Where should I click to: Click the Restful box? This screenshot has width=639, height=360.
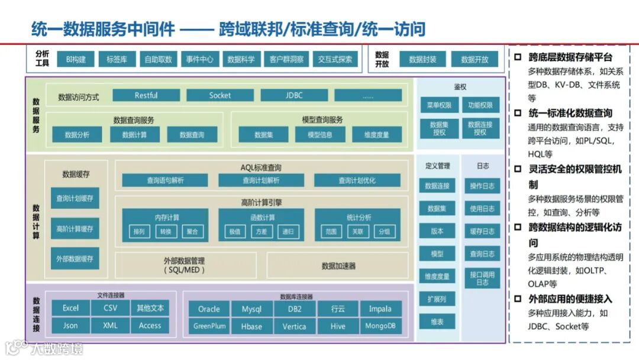click(146, 95)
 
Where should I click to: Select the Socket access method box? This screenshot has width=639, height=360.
click(220, 95)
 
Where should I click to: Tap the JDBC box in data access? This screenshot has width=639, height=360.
click(294, 95)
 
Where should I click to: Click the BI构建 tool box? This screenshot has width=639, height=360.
click(76, 59)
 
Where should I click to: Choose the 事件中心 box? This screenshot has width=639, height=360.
click(199, 59)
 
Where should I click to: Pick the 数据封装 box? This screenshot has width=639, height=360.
click(422, 59)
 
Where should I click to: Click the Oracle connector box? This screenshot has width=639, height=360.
click(209, 308)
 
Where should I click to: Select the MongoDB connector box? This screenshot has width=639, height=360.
click(380, 326)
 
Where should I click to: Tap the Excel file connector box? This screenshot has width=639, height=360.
click(70, 308)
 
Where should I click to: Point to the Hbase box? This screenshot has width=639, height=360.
click(251, 326)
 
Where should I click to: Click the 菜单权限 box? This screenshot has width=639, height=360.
click(439, 105)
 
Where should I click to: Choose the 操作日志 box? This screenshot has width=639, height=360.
click(482, 186)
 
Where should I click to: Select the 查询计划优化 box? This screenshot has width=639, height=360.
click(357, 181)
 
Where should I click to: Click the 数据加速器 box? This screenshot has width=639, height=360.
click(339, 266)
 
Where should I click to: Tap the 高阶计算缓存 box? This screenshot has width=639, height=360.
click(75, 229)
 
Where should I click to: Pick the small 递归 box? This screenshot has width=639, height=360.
click(288, 232)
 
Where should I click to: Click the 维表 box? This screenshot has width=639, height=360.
click(437, 322)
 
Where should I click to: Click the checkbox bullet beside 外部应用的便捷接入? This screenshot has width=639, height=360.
click(518, 299)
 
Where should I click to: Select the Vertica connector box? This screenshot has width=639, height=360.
click(294, 326)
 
